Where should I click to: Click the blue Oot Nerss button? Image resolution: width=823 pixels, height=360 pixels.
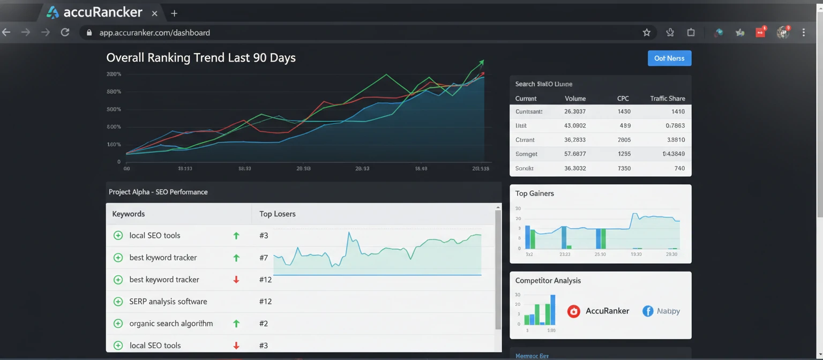(x=669, y=58)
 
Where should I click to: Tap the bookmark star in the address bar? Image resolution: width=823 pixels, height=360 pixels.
(x=647, y=33)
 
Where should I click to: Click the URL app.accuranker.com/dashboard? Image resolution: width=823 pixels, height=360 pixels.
(x=154, y=33)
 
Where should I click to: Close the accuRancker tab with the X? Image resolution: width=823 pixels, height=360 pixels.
(x=155, y=13)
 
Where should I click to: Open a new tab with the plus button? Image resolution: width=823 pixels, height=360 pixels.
(x=174, y=13)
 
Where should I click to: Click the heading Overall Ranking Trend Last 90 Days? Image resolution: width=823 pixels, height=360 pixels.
(x=201, y=58)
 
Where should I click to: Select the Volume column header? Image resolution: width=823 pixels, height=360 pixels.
(x=575, y=99)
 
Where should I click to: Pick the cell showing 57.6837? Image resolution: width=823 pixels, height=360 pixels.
(x=575, y=154)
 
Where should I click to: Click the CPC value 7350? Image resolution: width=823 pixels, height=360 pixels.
(x=624, y=168)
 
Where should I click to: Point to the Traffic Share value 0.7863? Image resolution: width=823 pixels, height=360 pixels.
(x=675, y=126)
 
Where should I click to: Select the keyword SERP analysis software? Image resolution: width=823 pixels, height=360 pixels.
(x=168, y=302)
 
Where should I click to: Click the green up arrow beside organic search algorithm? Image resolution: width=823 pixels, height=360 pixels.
(x=236, y=324)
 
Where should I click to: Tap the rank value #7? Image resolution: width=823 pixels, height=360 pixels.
(x=264, y=258)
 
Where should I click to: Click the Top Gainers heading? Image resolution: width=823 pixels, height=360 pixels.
(x=534, y=193)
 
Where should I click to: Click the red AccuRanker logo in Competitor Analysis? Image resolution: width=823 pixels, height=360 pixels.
(x=574, y=311)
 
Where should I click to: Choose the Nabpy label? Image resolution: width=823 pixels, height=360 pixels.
(x=668, y=311)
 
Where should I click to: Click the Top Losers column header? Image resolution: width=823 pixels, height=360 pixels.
(x=278, y=214)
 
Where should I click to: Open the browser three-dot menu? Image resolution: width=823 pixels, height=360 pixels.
(x=804, y=33)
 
